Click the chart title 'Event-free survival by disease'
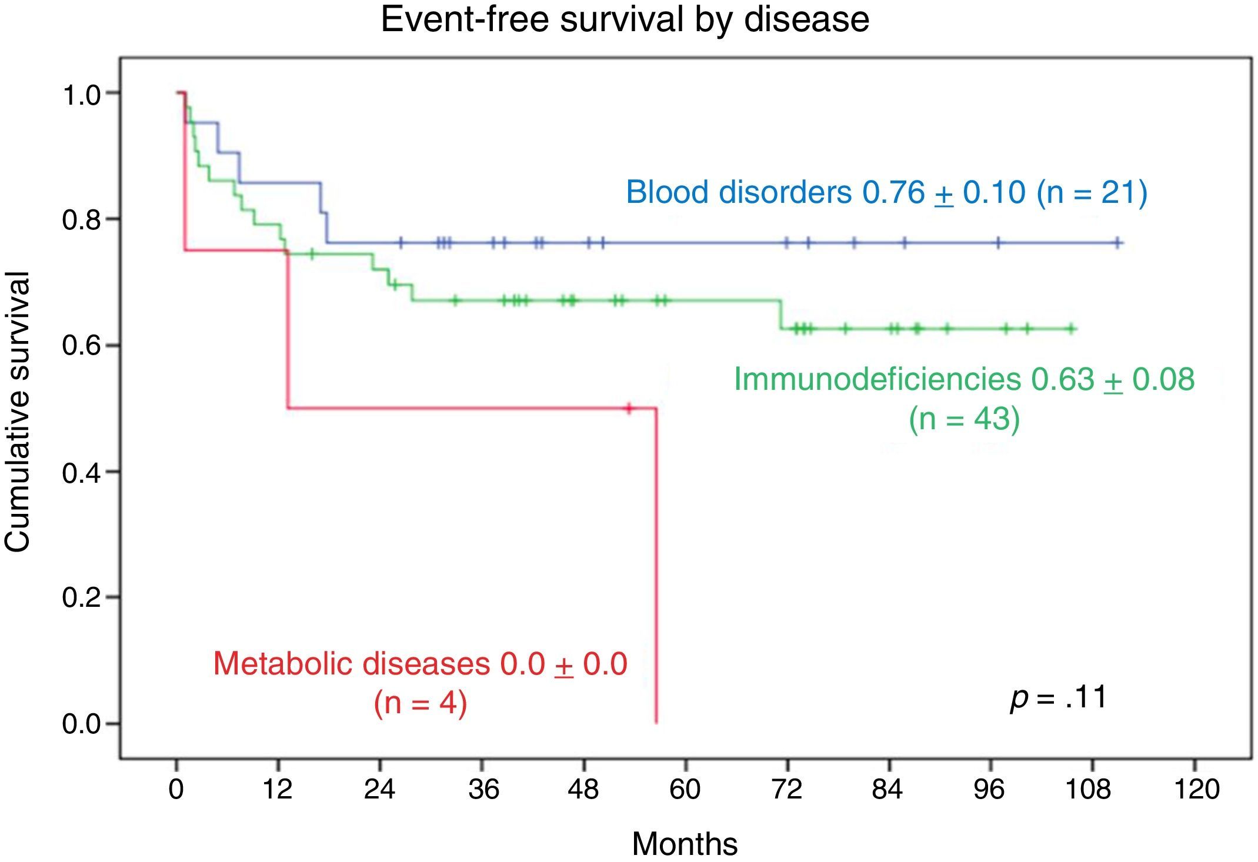click(x=625, y=19)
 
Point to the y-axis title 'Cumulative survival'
click(x=18, y=412)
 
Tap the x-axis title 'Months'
click(x=685, y=844)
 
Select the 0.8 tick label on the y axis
click(x=82, y=220)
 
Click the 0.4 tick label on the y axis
click(x=82, y=472)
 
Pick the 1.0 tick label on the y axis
click(x=82, y=94)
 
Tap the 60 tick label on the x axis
click(x=685, y=789)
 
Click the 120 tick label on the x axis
click(x=1196, y=789)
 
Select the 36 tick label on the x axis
click(x=483, y=789)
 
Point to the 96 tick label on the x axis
click(x=989, y=789)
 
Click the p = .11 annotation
click(x=1058, y=698)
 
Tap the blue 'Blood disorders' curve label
click(x=738, y=192)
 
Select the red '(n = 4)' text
click(x=421, y=703)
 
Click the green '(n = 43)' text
click(x=964, y=419)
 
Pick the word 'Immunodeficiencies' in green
click(x=877, y=379)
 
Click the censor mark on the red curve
click(x=629, y=408)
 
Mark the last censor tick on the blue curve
click(x=1117, y=243)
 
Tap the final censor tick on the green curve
click(x=1072, y=329)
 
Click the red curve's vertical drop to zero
click(x=656, y=564)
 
